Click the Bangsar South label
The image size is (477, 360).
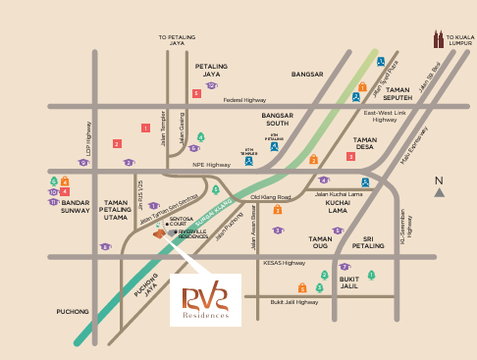(278, 120)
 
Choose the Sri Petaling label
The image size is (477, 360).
(368, 241)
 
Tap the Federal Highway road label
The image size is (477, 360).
(244, 100)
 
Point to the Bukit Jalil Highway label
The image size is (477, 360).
(294, 302)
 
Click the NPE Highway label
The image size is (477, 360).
(211, 165)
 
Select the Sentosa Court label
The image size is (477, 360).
(177, 224)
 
